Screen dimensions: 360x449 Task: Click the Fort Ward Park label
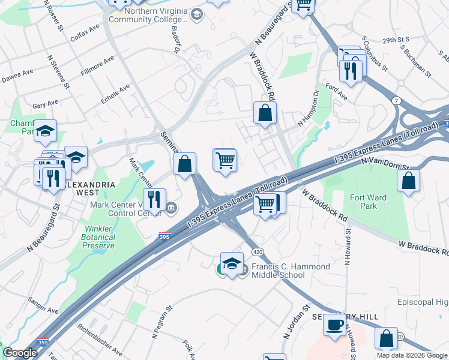pyautogui.click(x=369, y=202)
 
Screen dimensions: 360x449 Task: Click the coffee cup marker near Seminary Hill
pyautogui.click(x=334, y=326)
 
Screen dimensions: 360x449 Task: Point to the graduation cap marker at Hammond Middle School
pyautogui.click(x=232, y=263)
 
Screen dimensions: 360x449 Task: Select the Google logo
pyautogui.click(x=20, y=353)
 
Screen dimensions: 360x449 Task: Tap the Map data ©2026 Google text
pyautogui.click(x=411, y=355)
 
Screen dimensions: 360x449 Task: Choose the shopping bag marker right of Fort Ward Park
pyautogui.click(x=408, y=181)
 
